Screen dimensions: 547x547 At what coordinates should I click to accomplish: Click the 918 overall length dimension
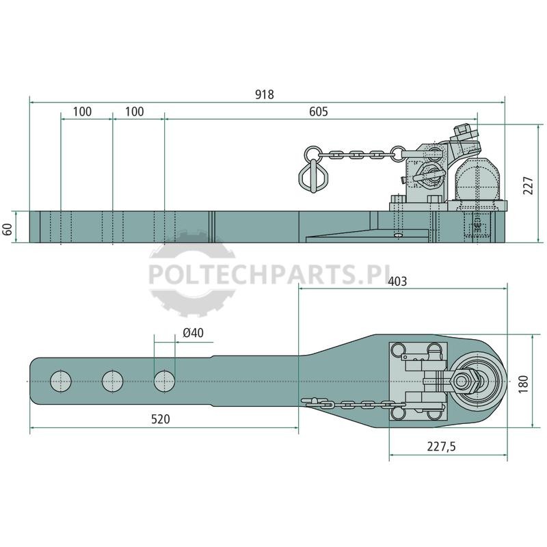265,94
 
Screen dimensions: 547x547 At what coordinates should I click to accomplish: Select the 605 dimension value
319,111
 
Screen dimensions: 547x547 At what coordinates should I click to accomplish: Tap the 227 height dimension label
529,185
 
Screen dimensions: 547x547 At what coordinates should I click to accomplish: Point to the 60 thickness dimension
8,229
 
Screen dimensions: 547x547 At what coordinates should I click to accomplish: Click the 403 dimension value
397,281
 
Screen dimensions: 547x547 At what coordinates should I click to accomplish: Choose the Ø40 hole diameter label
194,333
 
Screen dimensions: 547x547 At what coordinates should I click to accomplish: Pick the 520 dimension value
161,419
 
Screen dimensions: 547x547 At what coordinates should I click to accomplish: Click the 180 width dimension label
523,384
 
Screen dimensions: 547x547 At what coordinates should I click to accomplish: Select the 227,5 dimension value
441,446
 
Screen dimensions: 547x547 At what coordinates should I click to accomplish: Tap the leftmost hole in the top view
61,381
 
